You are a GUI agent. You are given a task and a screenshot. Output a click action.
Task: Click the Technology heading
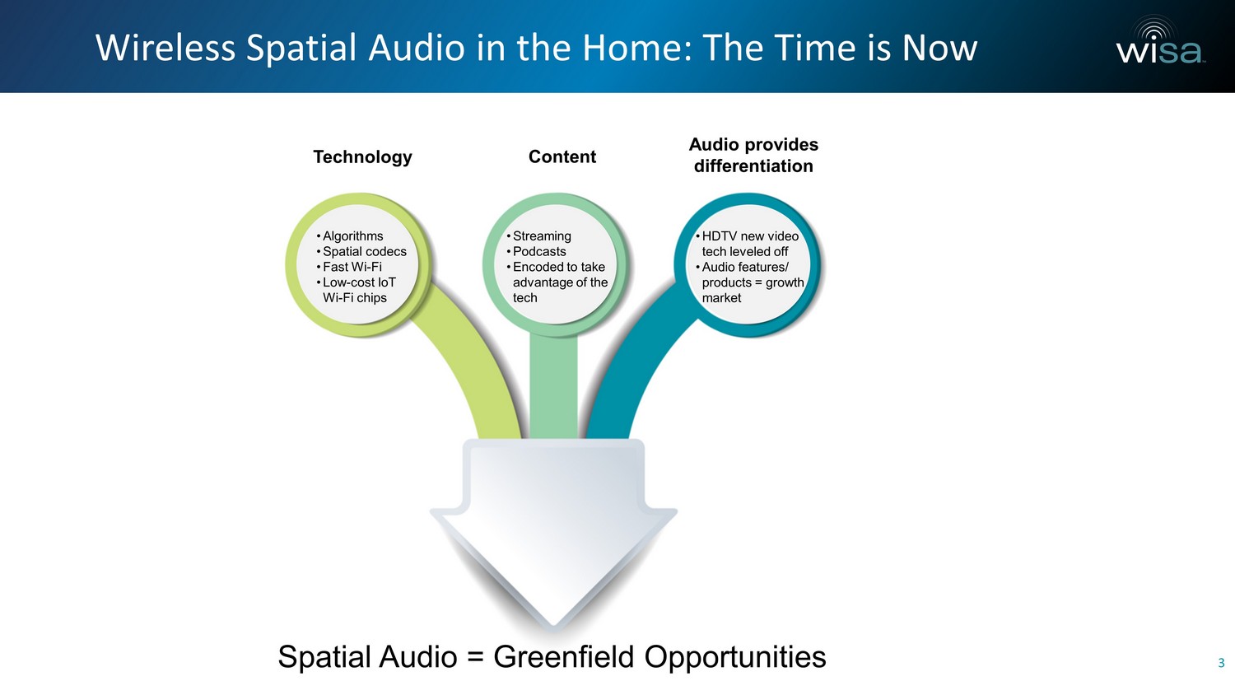[363, 157]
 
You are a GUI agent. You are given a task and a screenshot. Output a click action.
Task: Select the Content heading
[562, 156]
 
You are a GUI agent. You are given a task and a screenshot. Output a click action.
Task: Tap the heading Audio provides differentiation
[753, 155]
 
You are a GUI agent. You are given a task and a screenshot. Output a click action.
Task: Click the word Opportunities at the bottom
[735, 658]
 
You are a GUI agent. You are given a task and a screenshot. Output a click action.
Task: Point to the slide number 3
[1221, 663]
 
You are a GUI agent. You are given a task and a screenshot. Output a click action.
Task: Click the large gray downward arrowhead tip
[553, 627]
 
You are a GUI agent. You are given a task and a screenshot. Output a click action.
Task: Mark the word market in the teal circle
[721, 298]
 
